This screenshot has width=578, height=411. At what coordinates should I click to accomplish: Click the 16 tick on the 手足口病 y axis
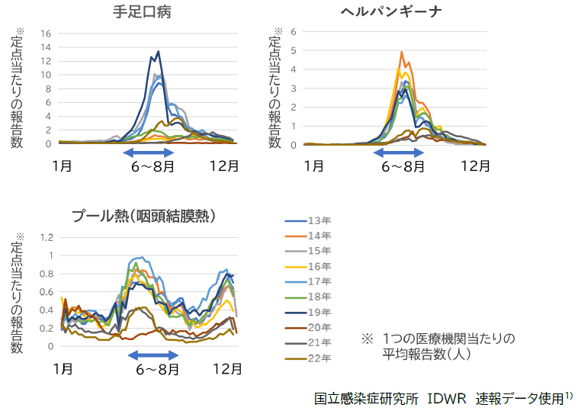tap(46, 34)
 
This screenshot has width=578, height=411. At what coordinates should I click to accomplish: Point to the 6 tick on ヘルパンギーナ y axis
tap(293, 32)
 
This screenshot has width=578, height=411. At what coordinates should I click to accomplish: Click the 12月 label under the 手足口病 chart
tap(221, 165)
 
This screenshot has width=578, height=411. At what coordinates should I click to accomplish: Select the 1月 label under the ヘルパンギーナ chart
tap(315, 165)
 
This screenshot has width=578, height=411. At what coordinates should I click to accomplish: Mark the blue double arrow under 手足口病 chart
tap(149, 153)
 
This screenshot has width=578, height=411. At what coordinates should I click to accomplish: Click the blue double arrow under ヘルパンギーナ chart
tap(399, 153)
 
